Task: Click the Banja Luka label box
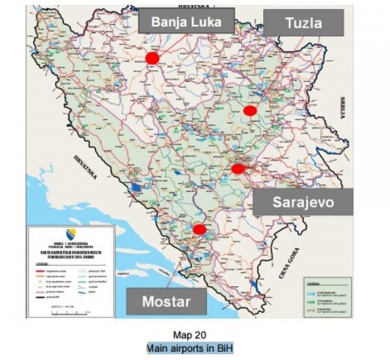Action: tap(186, 21)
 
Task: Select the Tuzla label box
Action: tap(304, 23)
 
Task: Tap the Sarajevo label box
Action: tap(303, 201)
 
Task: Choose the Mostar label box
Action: tap(166, 301)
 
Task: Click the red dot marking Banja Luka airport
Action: tap(153, 59)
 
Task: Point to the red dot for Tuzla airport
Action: tap(250, 111)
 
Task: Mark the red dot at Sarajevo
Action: tap(238, 169)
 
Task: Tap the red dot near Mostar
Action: tap(199, 229)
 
